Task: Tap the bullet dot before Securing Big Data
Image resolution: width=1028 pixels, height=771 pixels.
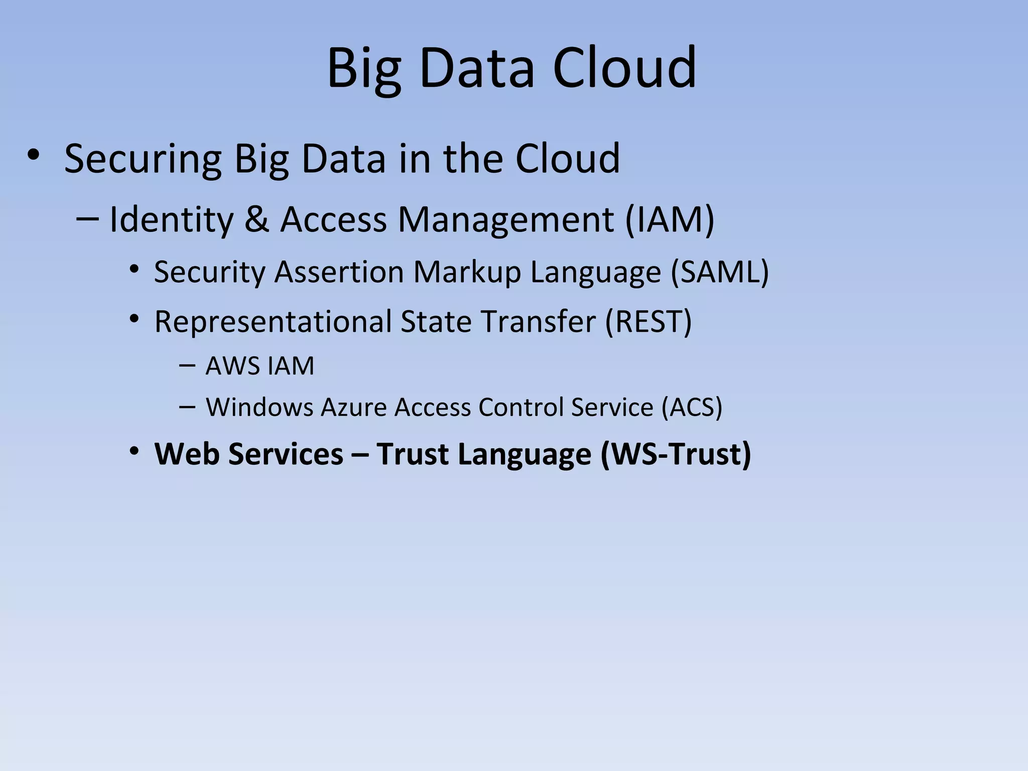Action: pyautogui.click(x=33, y=155)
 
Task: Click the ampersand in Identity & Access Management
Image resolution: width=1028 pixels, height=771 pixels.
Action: pyautogui.click(x=257, y=219)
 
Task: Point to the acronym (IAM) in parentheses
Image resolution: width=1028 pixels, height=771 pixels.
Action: pyautogui.click(x=670, y=219)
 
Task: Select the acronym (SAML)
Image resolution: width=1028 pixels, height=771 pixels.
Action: pyautogui.click(x=720, y=272)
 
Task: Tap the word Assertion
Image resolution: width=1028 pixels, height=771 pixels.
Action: pyautogui.click(x=339, y=272)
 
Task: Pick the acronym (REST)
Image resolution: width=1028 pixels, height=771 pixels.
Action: pyautogui.click(x=649, y=321)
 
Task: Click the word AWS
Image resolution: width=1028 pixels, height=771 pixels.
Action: pyautogui.click(x=233, y=365)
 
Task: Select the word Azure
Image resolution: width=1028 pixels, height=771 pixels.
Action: pyautogui.click(x=353, y=407)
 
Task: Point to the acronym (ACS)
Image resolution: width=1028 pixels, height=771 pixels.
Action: pyautogui.click(x=692, y=407)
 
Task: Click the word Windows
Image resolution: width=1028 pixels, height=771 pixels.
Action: pyautogui.click(x=260, y=407)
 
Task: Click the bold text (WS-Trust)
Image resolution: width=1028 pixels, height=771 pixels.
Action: pyautogui.click(x=676, y=454)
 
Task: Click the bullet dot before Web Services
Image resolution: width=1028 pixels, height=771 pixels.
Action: pyautogui.click(x=134, y=451)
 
